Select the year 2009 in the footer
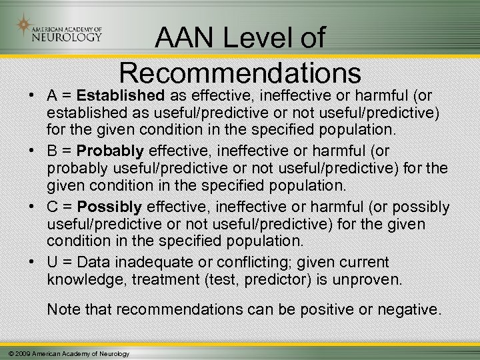point(23,353)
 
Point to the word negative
point(411,309)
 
